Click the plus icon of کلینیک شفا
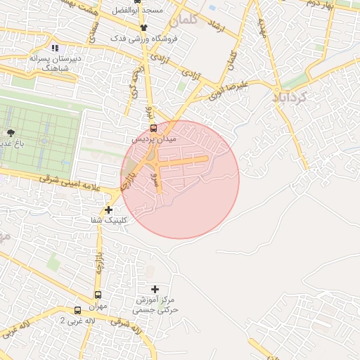[108, 210]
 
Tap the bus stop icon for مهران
[98, 295]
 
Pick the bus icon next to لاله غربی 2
[77, 310]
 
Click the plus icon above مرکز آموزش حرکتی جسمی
[155, 289]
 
